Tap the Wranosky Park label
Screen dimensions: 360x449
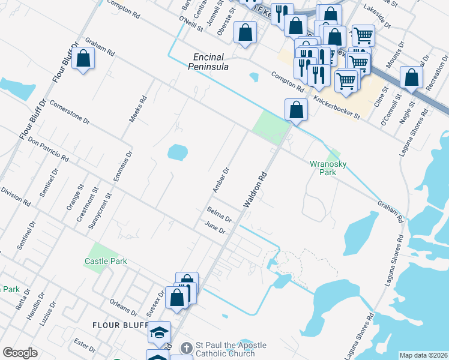coord(328,167)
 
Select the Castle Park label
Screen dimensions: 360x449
coord(106,261)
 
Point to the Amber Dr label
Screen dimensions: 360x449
coord(221,179)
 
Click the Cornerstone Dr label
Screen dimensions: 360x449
coord(70,112)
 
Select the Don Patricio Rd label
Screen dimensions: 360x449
coord(48,151)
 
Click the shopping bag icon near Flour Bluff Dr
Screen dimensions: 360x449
coord(83,59)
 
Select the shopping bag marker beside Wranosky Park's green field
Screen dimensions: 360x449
coord(296,110)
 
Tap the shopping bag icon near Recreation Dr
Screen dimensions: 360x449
coord(411,77)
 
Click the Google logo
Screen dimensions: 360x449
coord(20,352)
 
